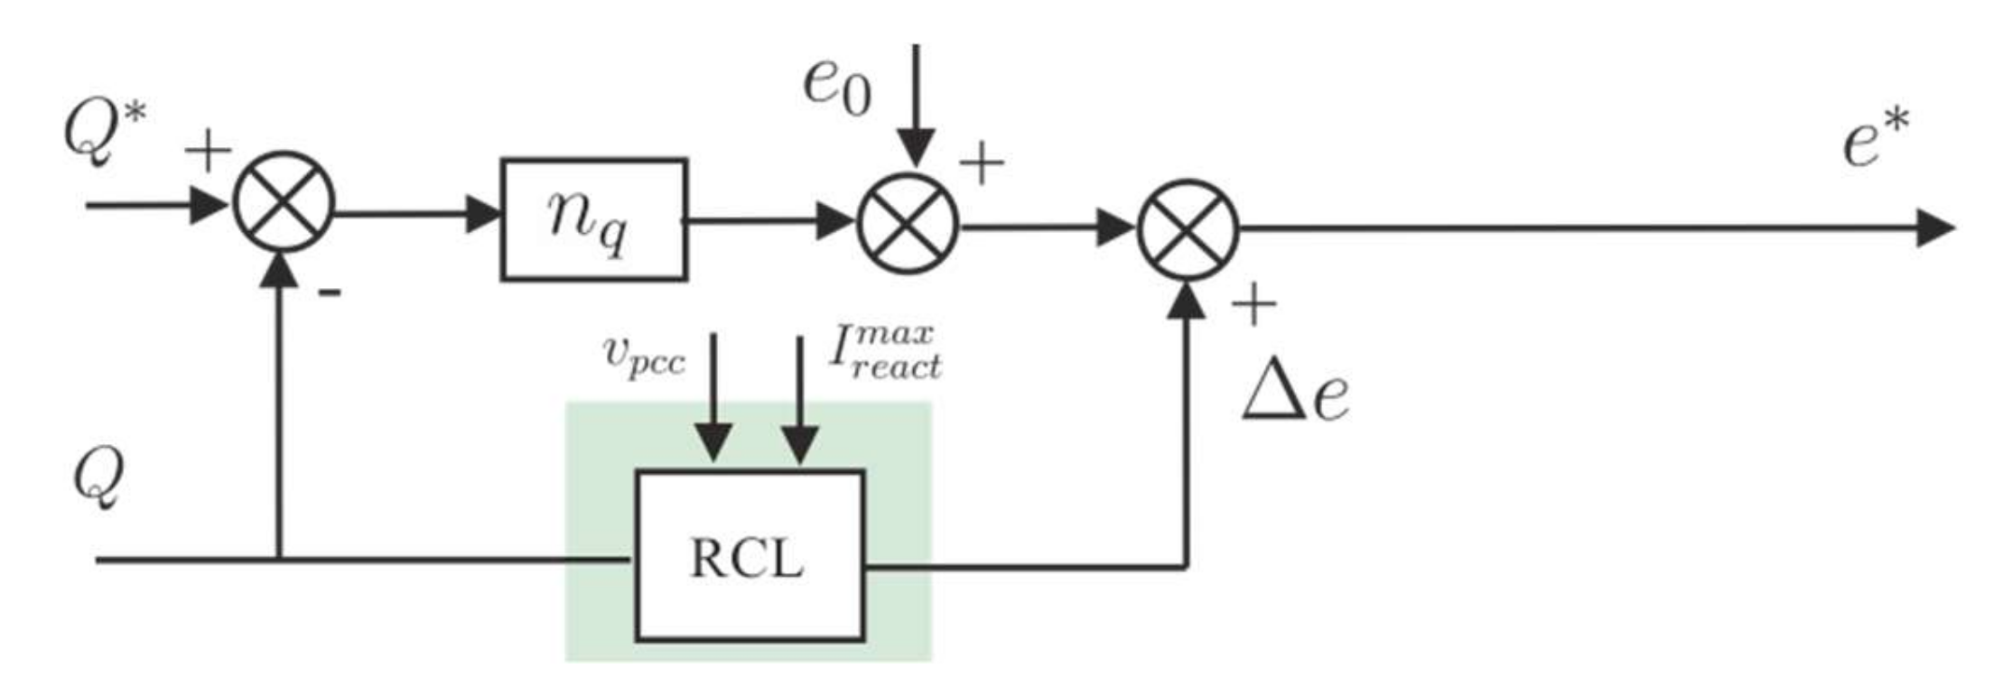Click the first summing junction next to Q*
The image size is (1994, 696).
click(284, 202)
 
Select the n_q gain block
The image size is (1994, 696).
click(593, 219)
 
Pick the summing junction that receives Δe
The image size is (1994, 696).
click(1188, 229)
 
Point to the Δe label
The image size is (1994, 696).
click(1296, 394)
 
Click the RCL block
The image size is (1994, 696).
click(749, 555)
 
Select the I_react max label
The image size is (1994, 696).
click(884, 351)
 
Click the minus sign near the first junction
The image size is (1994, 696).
click(331, 292)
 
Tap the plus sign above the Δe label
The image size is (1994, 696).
click(1253, 305)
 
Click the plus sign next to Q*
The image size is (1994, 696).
click(208, 150)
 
